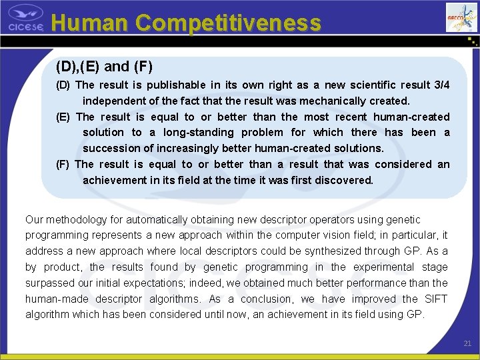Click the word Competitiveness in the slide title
pyautogui.click(x=229, y=23)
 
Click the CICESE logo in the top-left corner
pyautogui.click(x=25, y=18)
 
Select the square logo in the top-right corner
pyautogui.click(x=461, y=17)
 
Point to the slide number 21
pyautogui.click(x=467, y=343)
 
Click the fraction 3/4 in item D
pyautogui.click(x=441, y=85)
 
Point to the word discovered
pyautogui.click(x=343, y=180)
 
